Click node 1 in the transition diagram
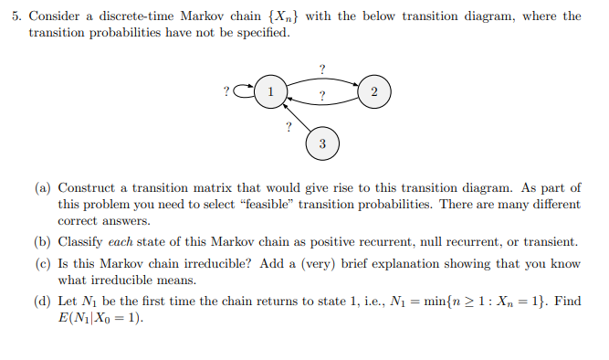coord(269,91)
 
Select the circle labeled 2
coord(373,91)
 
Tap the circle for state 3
coord(321,143)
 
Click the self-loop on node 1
coord(244,91)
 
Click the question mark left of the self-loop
coord(226,91)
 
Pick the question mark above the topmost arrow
coord(321,69)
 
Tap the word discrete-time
coord(127,16)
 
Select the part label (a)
coord(43,188)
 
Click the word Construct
coord(87,188)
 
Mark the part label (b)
coord(43,242)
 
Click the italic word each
coord(122,242)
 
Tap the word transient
coord(549,242)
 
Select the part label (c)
coord(43,264)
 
